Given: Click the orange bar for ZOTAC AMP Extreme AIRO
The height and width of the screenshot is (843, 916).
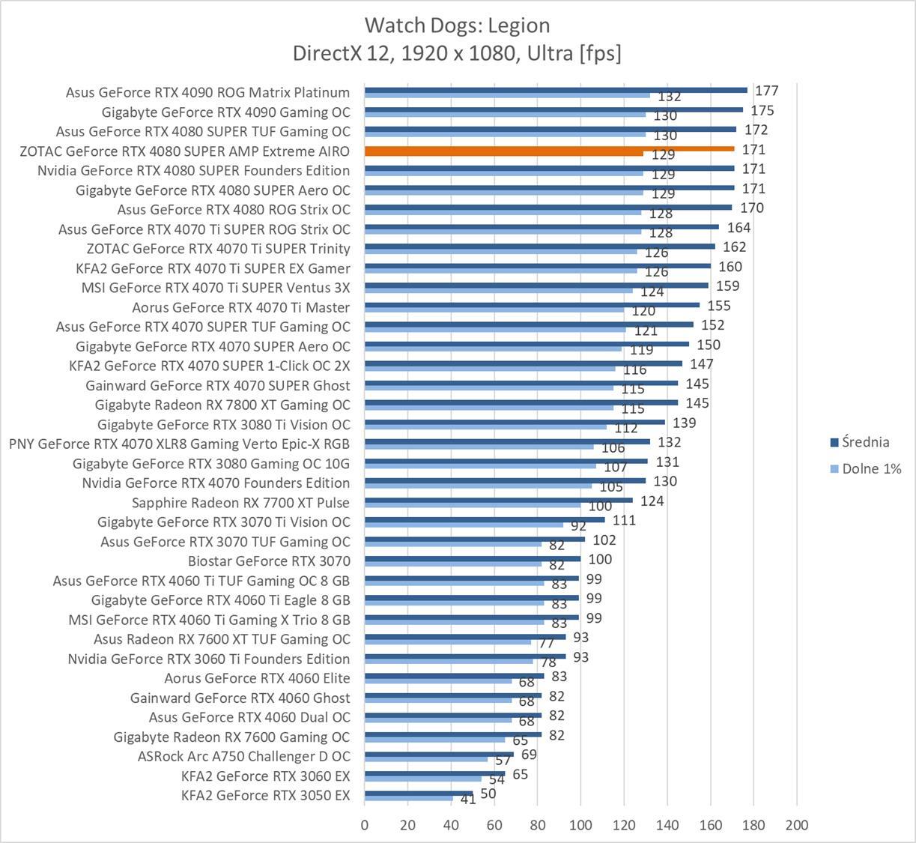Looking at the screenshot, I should [x=549, y=148].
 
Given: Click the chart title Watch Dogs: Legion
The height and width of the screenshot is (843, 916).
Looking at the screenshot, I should [x=457, y=25].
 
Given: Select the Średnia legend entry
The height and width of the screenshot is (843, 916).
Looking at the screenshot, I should [x=865, y=442].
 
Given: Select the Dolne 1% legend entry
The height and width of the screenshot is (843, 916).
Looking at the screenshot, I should [x=871, y=469].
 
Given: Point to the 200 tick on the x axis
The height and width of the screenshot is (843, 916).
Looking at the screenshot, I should [x=796, y=825].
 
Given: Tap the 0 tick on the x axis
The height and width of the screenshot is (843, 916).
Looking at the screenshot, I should [x=365, y=825].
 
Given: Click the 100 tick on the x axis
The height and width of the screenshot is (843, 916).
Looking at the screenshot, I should [x=580, y=825].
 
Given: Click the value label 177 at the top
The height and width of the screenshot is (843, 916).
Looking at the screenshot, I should [x=767, y=91].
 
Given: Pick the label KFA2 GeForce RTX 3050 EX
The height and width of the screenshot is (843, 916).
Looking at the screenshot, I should [x=265, y=795].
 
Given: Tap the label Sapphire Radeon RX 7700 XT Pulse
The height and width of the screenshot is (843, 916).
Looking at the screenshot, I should [x=240, y=502].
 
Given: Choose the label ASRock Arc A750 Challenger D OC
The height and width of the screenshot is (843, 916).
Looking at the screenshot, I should [x=243, y=756].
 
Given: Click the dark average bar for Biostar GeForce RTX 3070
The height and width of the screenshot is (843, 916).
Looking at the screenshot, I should [x=473, y=558].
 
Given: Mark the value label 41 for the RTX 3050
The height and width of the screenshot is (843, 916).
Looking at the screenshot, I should [x=468, y=800].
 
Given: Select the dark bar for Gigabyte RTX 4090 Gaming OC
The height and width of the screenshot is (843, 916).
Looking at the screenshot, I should [x=553, y=109].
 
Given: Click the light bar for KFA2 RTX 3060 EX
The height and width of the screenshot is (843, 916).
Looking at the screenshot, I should [x=423, y=779].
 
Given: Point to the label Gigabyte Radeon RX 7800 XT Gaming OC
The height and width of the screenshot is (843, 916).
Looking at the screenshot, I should [x=222, y=405].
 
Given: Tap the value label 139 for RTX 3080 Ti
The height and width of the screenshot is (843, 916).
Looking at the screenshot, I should [x=684, y=423].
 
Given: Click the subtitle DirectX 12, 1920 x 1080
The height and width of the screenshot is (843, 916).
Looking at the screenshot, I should [x=457, y=53].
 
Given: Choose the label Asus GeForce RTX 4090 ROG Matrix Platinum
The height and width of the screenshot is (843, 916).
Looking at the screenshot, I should [x=207, y=92].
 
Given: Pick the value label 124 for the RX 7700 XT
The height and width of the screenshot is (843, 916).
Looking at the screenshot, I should [x=652, y=501].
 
